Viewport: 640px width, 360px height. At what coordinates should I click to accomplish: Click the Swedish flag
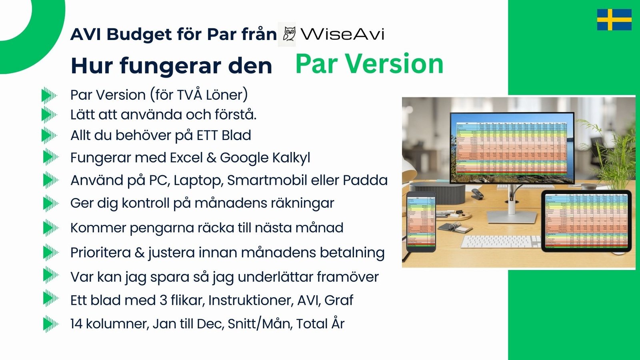tap(614, 20)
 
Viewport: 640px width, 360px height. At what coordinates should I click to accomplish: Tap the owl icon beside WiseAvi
tap(289, 34)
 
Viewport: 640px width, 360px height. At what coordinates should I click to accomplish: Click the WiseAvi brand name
tap(342, 34)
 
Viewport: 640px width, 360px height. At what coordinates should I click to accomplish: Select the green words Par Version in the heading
tap(369, 64)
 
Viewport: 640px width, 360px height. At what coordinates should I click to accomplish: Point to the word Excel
tap(186, 158)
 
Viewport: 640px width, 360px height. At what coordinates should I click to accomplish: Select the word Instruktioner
tap(251, 300)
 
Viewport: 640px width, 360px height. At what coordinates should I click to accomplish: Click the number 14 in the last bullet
tap(76, 324)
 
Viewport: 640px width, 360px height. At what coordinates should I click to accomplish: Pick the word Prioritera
tap(100, 253)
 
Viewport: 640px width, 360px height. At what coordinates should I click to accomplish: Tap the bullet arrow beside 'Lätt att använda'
tap(49, 115)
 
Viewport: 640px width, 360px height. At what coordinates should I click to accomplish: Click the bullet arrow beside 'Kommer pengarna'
tap(50, 228)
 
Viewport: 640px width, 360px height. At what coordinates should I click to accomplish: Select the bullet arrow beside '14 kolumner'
tap(50, 324)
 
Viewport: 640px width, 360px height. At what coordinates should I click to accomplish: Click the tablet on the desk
tap(586, 221)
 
